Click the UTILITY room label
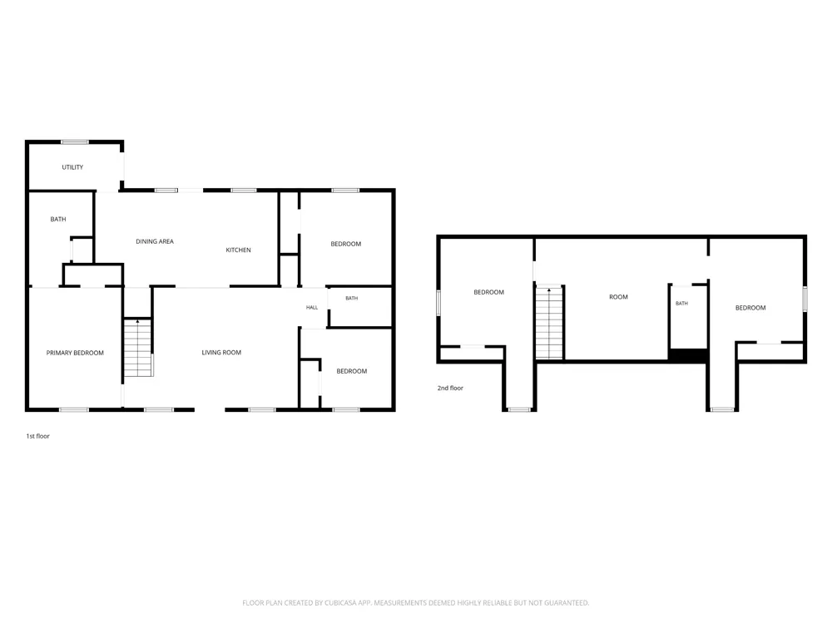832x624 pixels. click(72, 167)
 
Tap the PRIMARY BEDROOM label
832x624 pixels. click(75, 353)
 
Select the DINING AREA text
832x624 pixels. click(155, 241)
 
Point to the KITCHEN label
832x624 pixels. click(238, 250)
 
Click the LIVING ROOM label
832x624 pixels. click(221, 352)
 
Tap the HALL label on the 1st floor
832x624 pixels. click(312, 307)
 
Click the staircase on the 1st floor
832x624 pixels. click(138, 348)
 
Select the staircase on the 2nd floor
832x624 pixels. click(549, 323)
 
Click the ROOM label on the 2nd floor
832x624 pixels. click(618, 297)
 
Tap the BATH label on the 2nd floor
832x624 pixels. click(682, 304)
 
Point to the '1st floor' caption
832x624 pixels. click(37, 436)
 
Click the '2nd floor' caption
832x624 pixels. click(450, 388)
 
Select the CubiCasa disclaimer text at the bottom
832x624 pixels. click(415, 602)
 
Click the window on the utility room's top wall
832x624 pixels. click(75, 142)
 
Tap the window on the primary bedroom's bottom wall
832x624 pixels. click(74, 409)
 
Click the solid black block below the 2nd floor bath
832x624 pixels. click(688, 355)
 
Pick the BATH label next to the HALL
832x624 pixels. click(352, 298)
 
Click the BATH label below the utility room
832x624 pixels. click(58, 219)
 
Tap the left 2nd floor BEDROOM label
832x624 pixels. click(488, 292)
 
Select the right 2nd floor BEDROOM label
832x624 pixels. click(750, 308)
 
